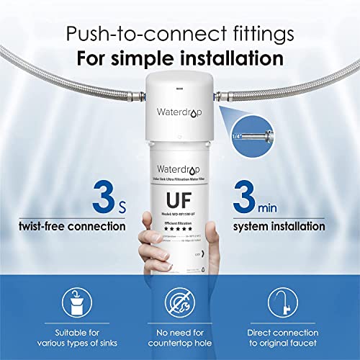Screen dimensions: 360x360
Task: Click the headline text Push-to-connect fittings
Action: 179,33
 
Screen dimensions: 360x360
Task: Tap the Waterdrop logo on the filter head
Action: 180,112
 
